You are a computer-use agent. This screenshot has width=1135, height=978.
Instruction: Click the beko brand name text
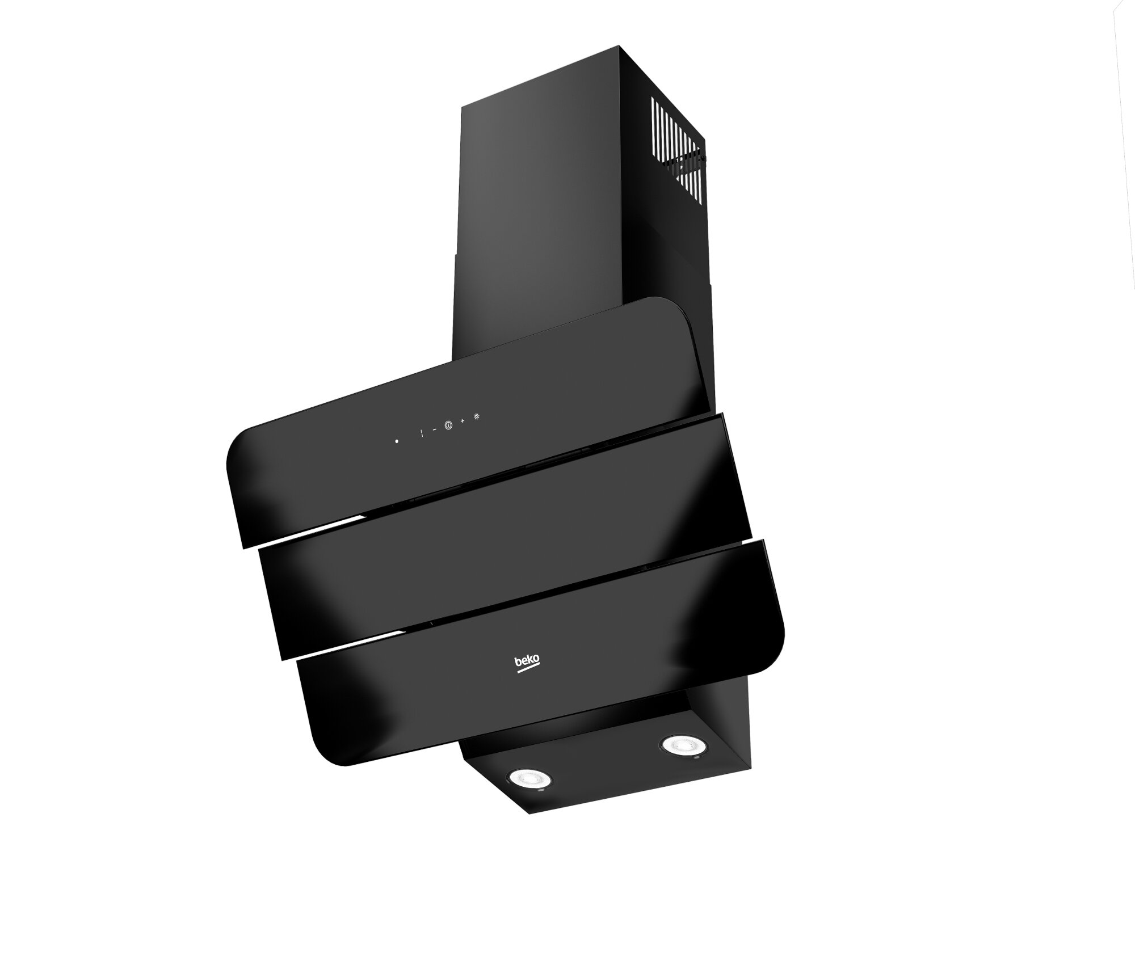tap(527, 661)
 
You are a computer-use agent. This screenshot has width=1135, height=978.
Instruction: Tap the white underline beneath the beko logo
tap(528, 671)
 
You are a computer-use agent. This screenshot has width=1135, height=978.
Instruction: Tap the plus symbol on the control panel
tap(463, 420)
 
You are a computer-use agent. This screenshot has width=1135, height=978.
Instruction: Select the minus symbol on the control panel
tap(435, 429)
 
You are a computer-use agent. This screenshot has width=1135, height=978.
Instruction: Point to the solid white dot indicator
tap(397, 441)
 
